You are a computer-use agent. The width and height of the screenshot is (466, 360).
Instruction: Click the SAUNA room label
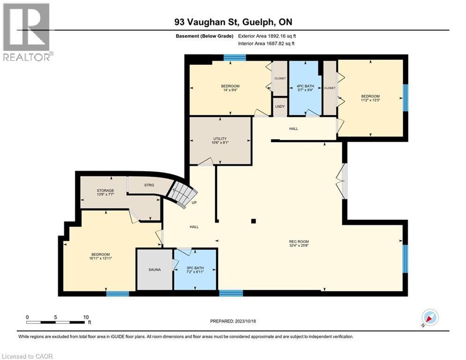(155, 270)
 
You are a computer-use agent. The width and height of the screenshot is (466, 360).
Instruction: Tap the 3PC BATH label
(195, 267)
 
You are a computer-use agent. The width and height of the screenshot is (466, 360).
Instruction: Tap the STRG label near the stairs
(149, 185)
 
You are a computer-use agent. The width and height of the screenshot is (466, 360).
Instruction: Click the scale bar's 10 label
(86, 316)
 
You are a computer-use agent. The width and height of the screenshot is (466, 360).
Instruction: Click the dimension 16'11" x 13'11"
(101, 258)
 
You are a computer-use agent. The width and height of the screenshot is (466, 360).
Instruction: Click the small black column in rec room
(253, 221)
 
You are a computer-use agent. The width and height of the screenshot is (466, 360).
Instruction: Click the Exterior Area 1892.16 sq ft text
(267, 36)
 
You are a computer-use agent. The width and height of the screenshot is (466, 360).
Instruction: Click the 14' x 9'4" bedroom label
(230, 89)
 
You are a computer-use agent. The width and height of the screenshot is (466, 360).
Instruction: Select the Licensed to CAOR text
(27, 356)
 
